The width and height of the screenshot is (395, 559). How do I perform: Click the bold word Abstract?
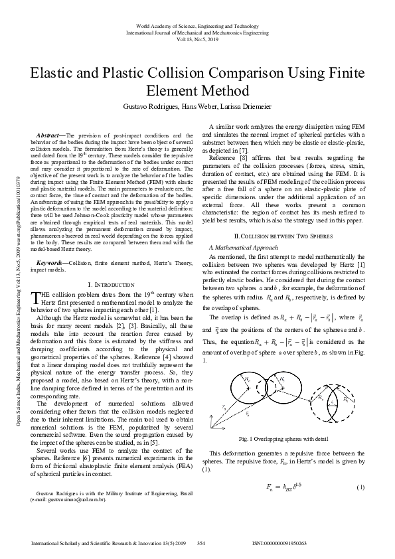pos(51,135)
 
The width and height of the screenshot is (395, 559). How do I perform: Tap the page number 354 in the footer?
pos(201,543)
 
